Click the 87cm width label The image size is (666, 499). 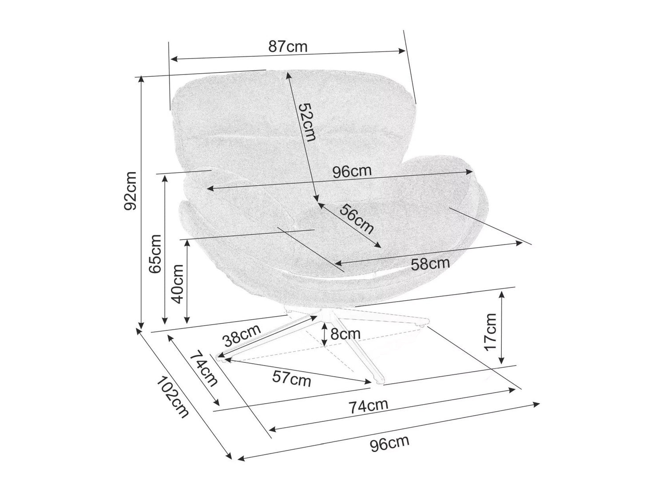287,47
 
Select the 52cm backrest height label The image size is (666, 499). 306,122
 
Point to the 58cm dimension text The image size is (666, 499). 430,264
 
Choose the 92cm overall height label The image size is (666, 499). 131,191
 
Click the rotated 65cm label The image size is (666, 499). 155,254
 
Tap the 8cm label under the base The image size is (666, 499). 345,334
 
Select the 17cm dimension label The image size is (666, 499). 491,331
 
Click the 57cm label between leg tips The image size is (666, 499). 291,379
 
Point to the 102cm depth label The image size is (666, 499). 173,397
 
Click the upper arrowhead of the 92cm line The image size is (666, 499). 142,78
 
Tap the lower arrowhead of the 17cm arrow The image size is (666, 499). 502,361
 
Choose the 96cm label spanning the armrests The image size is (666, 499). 352,172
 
